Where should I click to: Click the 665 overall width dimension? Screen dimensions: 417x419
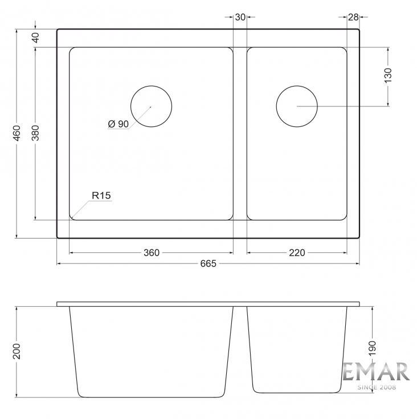tap(208, 264)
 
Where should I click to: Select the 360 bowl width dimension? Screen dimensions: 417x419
tap(152, 253)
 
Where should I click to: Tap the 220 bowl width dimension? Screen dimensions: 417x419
tap(297, 253)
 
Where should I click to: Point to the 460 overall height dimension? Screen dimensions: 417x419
tap(17, 133)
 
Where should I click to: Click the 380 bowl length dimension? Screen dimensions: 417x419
tap(35, 133)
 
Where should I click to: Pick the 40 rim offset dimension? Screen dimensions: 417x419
tap(35, 38)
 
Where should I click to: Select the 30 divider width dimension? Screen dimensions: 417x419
tap(240, 17)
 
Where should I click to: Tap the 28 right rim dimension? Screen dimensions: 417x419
tap(353, 17)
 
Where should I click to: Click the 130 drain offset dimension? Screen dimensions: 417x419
tap(388, 75)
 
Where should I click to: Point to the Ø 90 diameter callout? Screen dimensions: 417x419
tap(118, 124)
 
